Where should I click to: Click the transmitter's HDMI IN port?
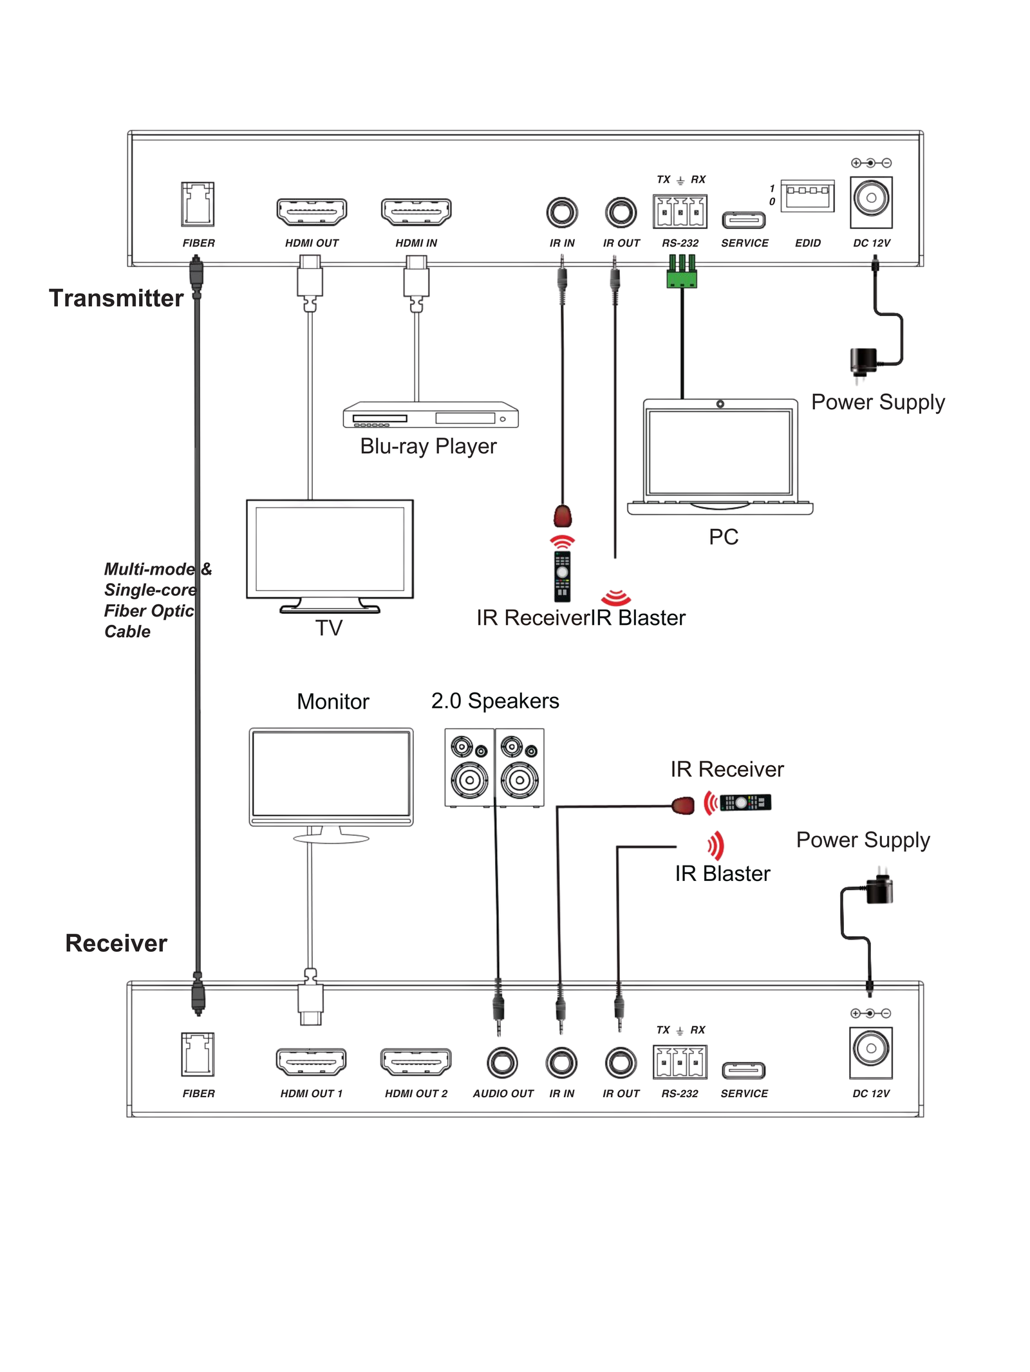coord(416,212)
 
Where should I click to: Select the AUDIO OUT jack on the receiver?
coord(502,1062)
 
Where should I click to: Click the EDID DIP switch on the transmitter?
coord(807,196)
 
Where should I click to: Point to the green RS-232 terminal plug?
coord(682,273)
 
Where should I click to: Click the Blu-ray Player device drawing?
coord(430,415)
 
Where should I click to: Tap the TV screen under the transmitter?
coord(330,549)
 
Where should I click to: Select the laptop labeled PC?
coord(720,456)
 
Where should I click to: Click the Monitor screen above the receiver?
coord(331,775)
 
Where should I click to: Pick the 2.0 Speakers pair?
coord(494,767)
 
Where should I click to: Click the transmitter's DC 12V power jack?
coord(870,199)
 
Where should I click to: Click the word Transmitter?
coord(116,299)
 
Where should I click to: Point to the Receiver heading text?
coord(116,943)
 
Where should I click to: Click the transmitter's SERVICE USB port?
coord(744,221)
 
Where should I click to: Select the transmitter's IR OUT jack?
coord(621,212)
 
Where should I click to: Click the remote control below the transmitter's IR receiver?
coord(562,575)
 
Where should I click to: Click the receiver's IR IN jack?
coord(561,1062)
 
